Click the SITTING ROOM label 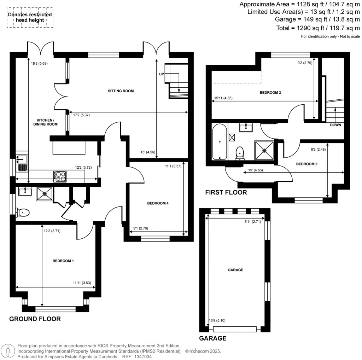121,91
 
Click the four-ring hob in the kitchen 59,176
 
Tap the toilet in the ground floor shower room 22,213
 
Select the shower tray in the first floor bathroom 264,150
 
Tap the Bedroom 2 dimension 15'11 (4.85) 223,98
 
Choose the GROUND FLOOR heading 35,319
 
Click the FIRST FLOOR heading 226,193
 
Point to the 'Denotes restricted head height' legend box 30,17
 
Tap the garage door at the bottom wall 235,329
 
